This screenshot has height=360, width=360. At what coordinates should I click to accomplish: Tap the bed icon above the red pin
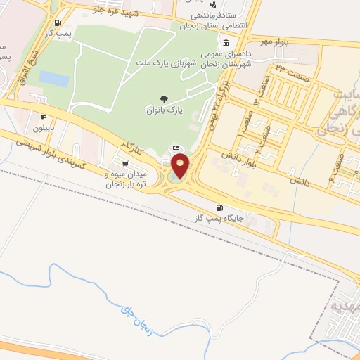pyautogui.click(x=176, y=148)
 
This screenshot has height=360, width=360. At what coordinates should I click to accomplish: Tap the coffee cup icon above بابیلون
pyautogui.click(x=44, y=117)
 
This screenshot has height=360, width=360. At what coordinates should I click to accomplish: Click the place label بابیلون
pyautogui.click(x=44, y=129)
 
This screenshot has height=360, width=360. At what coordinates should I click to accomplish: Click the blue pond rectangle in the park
pyautogui.click(x=54, y=79)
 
